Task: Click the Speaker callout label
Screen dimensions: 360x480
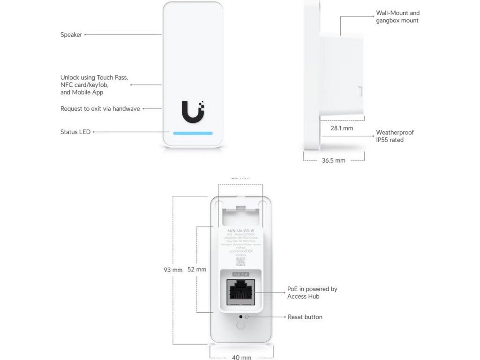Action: [x=71, y=35]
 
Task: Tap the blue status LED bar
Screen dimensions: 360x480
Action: [x=193, y=133]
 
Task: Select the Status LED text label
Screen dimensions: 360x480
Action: [x=75, y=132]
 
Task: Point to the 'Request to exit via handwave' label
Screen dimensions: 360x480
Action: [x=100, y=109]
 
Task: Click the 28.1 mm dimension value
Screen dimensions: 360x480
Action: [x=342, y=128]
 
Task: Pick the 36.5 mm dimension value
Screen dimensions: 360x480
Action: [x=333, y=160]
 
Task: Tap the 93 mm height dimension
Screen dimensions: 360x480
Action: [x=173, y=270]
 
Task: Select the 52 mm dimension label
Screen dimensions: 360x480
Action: [x=197, y=270]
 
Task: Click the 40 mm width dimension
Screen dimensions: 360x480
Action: [x=242, y=357]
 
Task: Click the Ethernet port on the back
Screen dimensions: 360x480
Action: [x=240, y=292]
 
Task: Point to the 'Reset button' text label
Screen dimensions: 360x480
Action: [x=305, y=317]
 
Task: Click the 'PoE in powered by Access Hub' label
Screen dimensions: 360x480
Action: [x=312, y=292]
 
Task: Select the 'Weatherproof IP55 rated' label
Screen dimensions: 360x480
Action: [x=395, y=136]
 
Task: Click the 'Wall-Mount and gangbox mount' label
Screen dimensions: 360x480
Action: [x=397, y=17]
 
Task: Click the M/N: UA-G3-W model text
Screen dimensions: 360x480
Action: [x=240, y=231]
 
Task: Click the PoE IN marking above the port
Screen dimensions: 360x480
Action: [x=240, y=274]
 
